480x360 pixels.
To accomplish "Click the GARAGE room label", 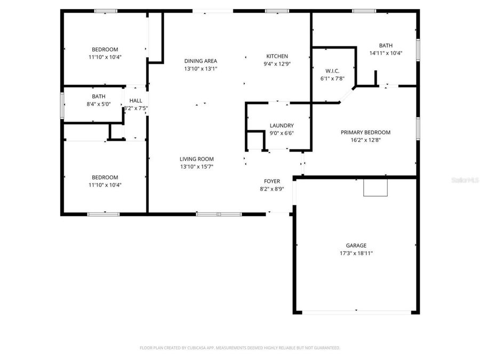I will tap(356, 246).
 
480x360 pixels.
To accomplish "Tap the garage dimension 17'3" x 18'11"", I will tap(356, 253).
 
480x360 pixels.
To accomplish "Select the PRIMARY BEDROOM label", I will tap(365, 132).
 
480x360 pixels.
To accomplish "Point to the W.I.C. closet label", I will tap(332, 71).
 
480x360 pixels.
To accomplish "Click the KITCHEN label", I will tap(277, 57).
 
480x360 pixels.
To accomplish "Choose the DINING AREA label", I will tap(201, 61).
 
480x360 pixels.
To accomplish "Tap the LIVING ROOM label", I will tap(196, 159).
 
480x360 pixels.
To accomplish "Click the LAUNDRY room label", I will tap(282, 126).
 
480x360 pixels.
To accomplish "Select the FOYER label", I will tap(272, 181).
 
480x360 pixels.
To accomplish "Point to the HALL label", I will tap(135, 100).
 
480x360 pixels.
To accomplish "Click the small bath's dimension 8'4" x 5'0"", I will tap(98, 104).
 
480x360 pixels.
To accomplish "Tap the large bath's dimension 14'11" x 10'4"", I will tap(386, 53).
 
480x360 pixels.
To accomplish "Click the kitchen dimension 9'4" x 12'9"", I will tap(277, 64).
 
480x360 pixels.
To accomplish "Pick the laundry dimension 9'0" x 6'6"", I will tap(282, 133).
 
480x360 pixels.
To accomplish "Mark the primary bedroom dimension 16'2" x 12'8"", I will tap(365, 140).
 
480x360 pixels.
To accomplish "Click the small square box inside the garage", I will tap(375, 188).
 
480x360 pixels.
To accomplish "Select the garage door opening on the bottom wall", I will tap(356, 312).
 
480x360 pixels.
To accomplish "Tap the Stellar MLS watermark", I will tap(465, 181).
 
